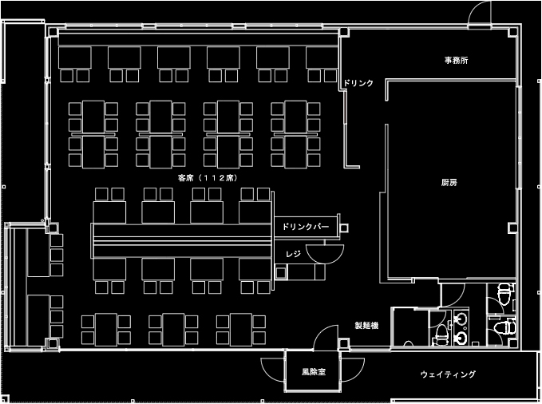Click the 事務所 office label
[x=457, y=61]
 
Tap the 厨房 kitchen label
[x=449, y=182]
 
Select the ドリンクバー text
[x=306, y=227]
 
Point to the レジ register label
[x=293, y=254]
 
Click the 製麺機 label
[x=366, y=325]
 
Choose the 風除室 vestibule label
[x=314, y=372]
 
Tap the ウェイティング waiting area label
[x=448, y=374]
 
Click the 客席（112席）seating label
[x=208, y=178]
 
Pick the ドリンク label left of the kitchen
[x=358, y=83]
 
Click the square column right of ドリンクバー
[x=344, y=228]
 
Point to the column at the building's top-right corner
[x=512, y=32]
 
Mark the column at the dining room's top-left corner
[x=53, y=32]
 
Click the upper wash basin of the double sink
[x=461, y=319]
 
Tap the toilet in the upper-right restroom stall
[x=504, y=293]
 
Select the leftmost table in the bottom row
[x=106, y=330]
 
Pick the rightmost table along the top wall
[x=322, y=57]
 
